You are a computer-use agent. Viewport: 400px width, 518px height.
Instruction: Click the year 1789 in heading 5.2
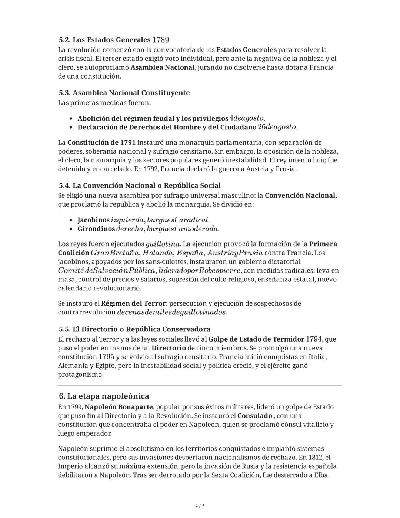161,40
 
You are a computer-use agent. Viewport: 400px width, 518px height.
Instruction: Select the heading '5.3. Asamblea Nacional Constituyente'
124,93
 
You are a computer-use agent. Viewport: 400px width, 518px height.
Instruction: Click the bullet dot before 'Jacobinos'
71,220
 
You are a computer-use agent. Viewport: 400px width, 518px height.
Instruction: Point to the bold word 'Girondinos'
96,229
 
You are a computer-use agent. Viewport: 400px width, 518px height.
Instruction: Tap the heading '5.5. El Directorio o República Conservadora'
134,329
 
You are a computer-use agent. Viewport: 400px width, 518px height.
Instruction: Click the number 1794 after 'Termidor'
314,339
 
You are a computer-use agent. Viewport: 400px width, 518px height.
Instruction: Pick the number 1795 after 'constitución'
106,357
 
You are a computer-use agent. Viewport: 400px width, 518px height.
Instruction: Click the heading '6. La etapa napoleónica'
104,396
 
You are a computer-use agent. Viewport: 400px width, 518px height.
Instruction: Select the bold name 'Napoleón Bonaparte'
119,407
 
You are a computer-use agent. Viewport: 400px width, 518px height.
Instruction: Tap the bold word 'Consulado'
255,416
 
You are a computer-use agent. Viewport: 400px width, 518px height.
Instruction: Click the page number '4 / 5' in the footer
200,506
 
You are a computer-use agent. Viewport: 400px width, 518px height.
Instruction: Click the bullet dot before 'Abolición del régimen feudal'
71,119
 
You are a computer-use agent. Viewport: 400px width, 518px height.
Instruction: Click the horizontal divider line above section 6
200,385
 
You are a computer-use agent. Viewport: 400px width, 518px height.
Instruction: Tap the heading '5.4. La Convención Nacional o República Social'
140,185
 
